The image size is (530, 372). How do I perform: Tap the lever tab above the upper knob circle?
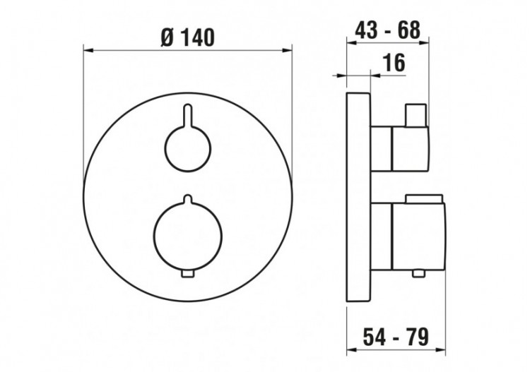187,113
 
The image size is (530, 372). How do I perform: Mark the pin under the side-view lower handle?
420,272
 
